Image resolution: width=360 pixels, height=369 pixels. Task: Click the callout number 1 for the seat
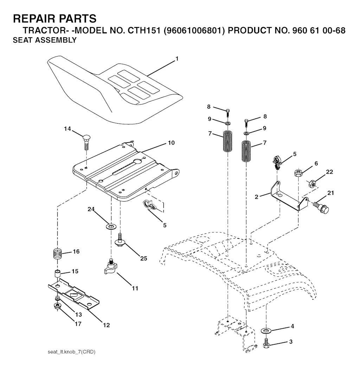[177, 59]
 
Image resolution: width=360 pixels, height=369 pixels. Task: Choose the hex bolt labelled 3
[266, 343]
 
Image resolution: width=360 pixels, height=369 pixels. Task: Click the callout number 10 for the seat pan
[171, 143]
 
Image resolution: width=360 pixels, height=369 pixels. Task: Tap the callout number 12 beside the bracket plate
[106, 325]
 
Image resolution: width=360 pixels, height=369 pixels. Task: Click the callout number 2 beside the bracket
[257, 197]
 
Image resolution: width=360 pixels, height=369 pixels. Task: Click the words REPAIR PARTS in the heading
[54, 18]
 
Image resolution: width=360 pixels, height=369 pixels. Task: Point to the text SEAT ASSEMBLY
[45, 40]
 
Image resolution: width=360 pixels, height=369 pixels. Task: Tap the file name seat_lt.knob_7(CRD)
[71, 351]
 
